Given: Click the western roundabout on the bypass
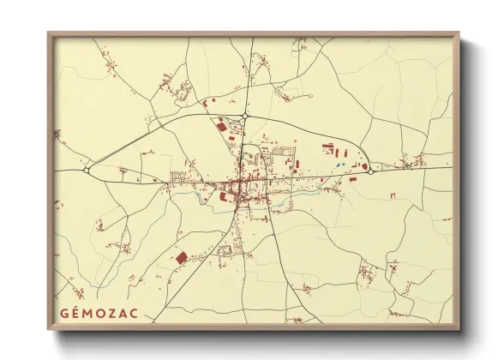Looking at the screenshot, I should (87, 171).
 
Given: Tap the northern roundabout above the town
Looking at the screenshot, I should (244, 116).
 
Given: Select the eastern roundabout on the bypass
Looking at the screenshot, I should (370, 171).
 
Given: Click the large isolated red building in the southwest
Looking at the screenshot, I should (181, 256).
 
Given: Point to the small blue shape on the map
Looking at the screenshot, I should (340, 163).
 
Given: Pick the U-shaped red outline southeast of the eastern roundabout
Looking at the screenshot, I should (393, 196).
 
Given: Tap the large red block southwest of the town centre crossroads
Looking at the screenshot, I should (225, 196).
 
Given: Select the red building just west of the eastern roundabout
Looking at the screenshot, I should (363, 166).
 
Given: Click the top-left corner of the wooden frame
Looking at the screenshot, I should (49, 34).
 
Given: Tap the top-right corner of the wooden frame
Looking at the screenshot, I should (459, 34).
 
